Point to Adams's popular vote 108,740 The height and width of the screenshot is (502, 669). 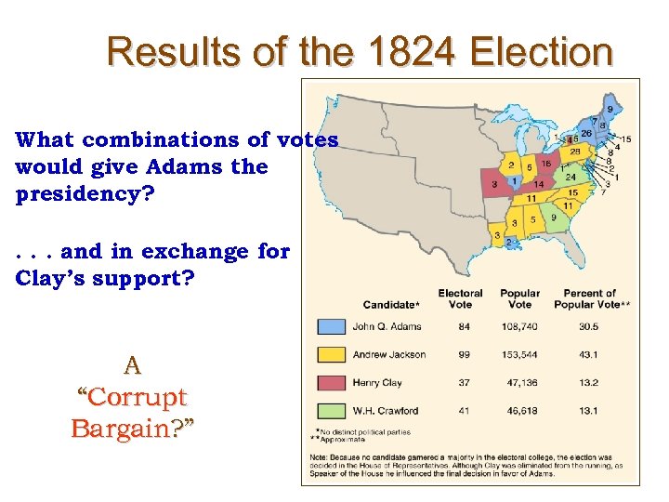point(520,326)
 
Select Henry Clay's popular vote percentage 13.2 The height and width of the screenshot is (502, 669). point(589,382)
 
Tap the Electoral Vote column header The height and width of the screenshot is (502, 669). point(460,298)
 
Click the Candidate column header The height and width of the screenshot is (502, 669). point(391,304)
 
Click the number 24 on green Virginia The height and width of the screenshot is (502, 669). point(571,177)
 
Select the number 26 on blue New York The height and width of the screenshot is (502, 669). point(586,133)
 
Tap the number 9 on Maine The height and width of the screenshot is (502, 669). point(610,110)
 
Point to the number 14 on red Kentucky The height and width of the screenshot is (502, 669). point(538,184)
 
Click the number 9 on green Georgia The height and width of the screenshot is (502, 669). point(553,218)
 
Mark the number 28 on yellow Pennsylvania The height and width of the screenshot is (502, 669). point(575,151)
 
